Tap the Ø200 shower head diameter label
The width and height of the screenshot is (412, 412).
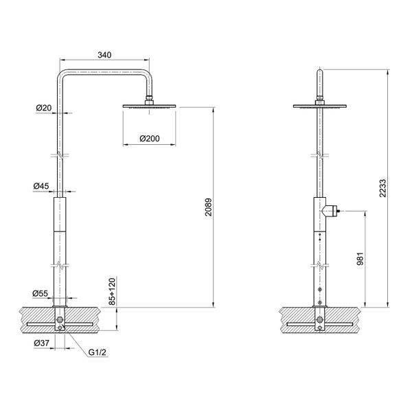[149, 139]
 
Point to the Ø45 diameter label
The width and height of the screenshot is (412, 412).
[41, 186]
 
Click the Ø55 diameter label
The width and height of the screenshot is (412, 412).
[41, 293]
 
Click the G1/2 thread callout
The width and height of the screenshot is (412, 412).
[97, 352]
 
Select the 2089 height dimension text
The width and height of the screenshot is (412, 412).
[208, 207]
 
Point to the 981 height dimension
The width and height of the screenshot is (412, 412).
[359, 259]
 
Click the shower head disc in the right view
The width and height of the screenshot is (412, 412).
[321, 106]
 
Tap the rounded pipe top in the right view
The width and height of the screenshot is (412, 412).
[321, 72]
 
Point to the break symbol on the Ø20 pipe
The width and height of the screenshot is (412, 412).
[62, 155]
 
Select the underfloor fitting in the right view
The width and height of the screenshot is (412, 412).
[321, 321]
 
